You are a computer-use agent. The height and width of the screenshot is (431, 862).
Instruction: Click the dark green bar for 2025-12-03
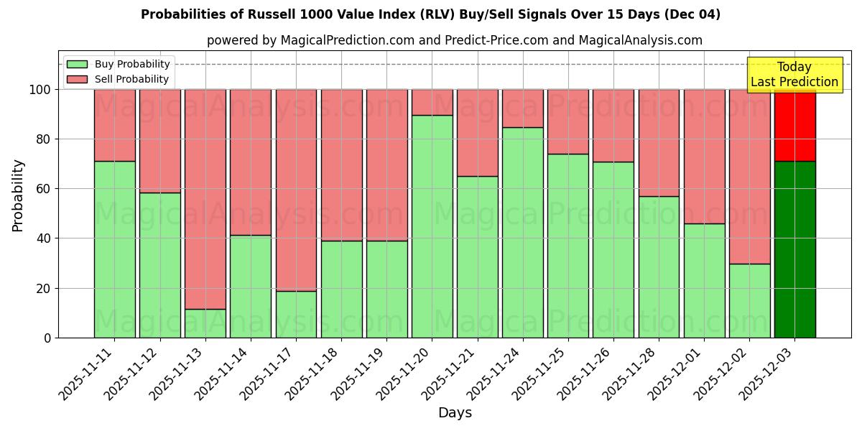(x=794, y=249)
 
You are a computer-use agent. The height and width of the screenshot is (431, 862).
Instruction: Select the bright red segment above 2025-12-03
(x=794, y=125)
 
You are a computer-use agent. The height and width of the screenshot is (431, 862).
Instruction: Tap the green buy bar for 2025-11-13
(x=205, y=323)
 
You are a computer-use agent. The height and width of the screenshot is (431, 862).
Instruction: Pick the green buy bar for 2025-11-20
(x=432, y=226)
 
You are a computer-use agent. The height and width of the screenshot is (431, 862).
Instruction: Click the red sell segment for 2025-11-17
(x=296, y=190)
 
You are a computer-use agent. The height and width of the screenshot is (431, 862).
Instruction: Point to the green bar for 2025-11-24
(x=523, y=232)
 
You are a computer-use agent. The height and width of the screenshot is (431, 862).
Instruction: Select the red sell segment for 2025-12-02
(x=749, y=176)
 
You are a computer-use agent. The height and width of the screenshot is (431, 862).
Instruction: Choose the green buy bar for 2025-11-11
(x=114, y=249)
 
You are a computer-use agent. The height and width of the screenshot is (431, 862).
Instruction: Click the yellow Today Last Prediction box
(x=794, y=75)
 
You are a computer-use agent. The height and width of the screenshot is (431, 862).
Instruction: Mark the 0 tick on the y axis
(x=47, y=338)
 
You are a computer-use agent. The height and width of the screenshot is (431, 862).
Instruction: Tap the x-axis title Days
(x=455, y=413)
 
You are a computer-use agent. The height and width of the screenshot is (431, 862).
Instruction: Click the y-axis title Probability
(x=18, y=195)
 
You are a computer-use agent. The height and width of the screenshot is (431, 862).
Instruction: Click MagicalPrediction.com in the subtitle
(x=347, y=40)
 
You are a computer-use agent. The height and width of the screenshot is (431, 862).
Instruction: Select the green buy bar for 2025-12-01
(x=704, y=280)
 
